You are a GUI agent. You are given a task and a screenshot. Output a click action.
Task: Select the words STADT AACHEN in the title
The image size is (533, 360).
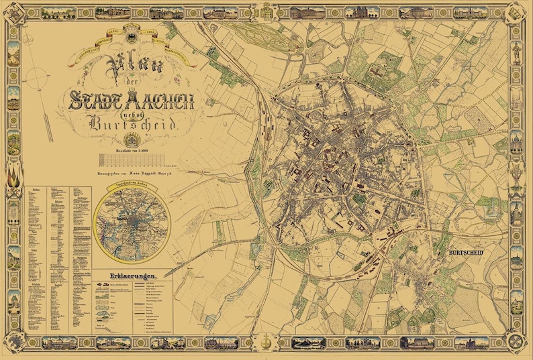(x=132, y=101)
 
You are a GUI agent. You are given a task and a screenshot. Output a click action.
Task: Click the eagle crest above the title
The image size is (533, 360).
(x=131, y=32)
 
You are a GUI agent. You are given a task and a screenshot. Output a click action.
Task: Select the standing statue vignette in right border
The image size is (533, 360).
(x=517, y=50)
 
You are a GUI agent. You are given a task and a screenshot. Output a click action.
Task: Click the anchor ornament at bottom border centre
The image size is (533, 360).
(x=267, y=343)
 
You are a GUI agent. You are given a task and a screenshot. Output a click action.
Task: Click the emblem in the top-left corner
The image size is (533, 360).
(x=14, y=13)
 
